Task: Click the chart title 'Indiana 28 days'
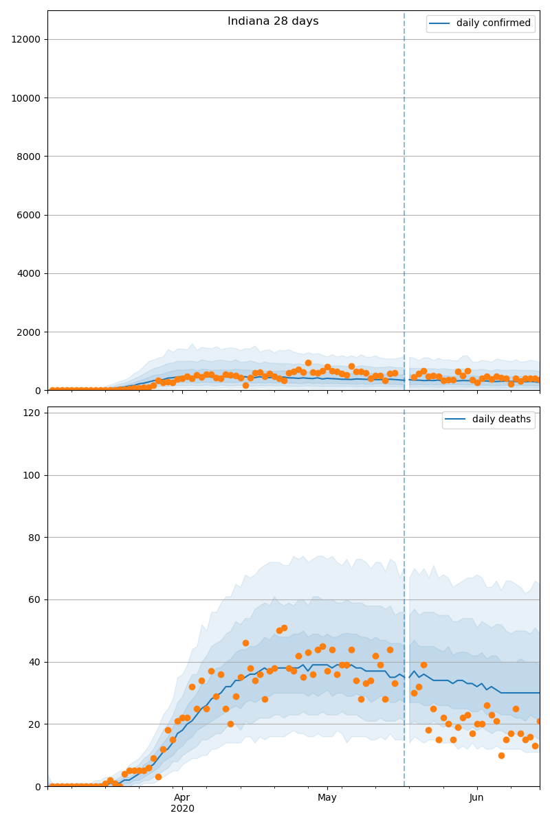(x=273, y=21)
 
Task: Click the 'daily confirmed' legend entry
(x=480, y=23)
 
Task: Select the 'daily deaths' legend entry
(x=488, y=419)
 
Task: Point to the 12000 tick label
(x=26, y=39)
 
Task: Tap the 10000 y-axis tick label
(x=26, y=98)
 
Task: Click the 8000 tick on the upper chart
(x=28, y=157)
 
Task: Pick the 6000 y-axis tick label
(x=28, y=215)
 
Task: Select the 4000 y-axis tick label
(x=28, y=274)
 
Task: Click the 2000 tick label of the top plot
(x=28, y=332)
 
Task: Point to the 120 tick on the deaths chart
(x=32, y=413)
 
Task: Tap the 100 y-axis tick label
(x=32, y=475)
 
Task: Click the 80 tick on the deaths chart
(x=34, y=538)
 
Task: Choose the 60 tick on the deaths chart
(x=34, y=599)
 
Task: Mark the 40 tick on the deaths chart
(x=34, y=662)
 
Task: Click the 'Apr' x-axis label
(x=182, y=797)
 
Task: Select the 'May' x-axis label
(x=327, y=797)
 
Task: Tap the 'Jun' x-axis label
(x=476, y=797)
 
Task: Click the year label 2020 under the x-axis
(x=182, y=809)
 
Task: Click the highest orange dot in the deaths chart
(x=284, y=628)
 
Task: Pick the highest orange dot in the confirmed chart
(x=308, y=363)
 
